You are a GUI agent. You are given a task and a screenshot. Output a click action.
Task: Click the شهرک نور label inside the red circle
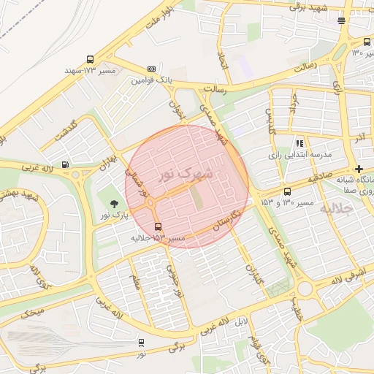tap(186, 174)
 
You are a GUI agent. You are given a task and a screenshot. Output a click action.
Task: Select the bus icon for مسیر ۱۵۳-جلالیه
tap(159, 226)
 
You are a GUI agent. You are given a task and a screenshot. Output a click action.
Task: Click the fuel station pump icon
tap(66, 164)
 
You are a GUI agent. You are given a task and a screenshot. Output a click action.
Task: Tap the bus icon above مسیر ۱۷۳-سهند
tap(90, 59)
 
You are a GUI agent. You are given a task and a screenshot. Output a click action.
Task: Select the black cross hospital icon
tap(358, 169)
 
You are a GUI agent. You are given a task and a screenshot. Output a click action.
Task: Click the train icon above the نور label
tap(141, 342)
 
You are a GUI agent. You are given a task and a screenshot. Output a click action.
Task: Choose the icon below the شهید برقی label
tap(341, 20)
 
